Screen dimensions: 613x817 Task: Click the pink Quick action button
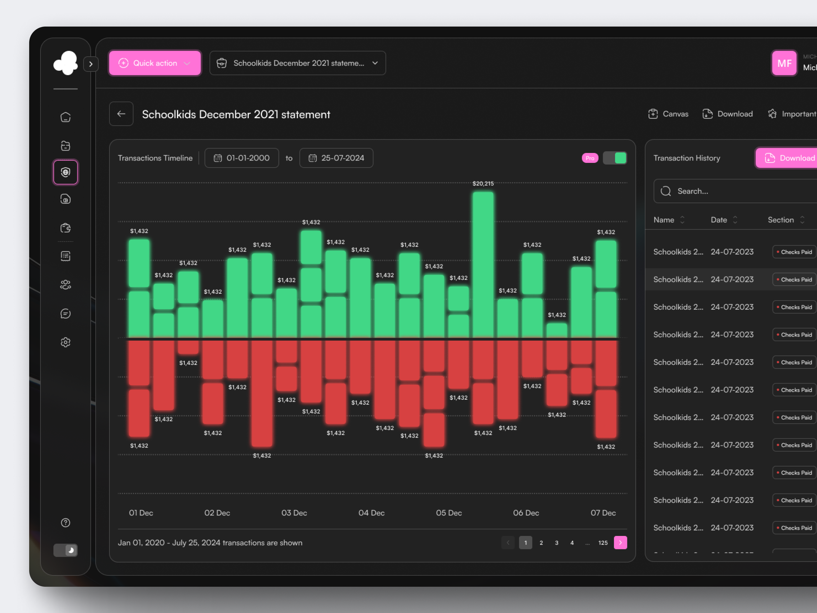pos(154,63)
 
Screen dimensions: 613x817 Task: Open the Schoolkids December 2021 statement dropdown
pos(297,63)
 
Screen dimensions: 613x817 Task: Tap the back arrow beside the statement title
pos(121,114)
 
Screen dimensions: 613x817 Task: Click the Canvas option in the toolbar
pos(668,114)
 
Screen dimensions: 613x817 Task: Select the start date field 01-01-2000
pos(242,158)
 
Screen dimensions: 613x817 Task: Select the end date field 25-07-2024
pos(336,158)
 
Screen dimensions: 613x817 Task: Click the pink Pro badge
pos(590,158)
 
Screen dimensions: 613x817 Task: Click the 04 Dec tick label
pos(371,513)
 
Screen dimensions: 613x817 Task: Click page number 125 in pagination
pos(603,543)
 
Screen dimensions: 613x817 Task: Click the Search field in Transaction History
pos(735,191)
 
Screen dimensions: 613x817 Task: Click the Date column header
pos(719,220)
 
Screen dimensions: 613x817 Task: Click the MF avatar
pos(784,63)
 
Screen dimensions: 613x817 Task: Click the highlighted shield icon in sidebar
pos(65,172)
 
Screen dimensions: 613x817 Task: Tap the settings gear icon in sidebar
pos(65,342)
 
